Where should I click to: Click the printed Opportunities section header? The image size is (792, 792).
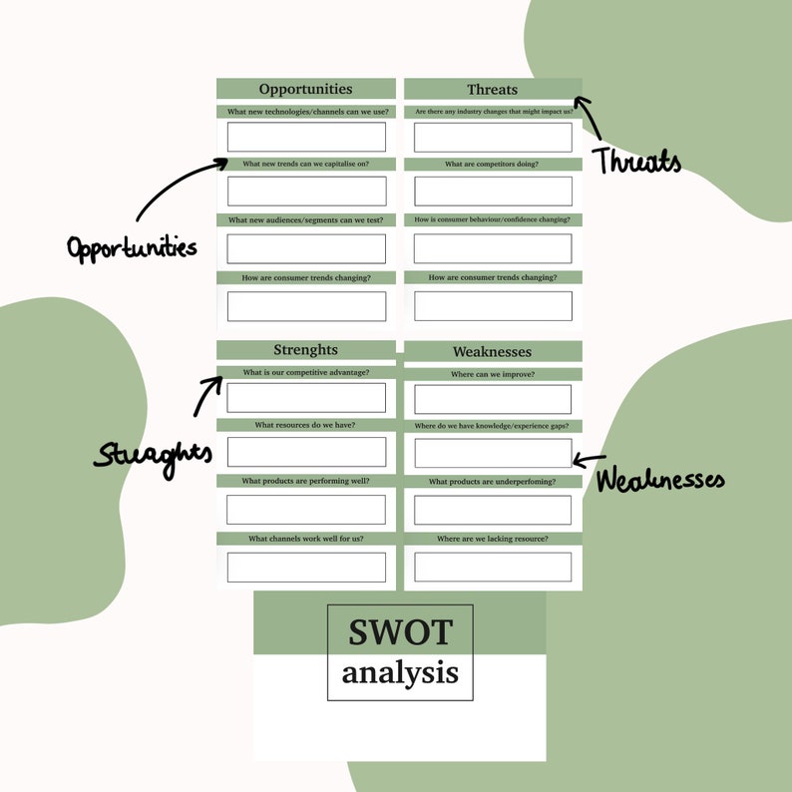pos(305,89)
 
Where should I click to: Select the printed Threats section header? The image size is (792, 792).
pos(493,90)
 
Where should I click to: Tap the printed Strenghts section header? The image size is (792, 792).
pos(305,350)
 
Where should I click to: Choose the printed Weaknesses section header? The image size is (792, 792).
pos(493,352)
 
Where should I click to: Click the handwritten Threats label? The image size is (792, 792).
pos(638,161)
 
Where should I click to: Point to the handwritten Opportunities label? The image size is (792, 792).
pos(132,246)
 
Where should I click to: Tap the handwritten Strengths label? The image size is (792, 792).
pos(154,455)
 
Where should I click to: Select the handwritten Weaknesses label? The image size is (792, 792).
pos(660,480)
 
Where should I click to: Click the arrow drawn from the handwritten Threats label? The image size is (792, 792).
pos(590,117)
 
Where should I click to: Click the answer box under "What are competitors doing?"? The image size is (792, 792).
pos(493,191)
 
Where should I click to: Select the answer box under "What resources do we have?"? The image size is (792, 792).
pos(305,452)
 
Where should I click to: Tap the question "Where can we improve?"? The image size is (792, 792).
pos(493,374)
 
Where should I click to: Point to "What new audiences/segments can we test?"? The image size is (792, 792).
pos(305,219)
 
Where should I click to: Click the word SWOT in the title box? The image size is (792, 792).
pos(400,631)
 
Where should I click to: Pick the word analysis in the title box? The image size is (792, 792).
pos(400,672)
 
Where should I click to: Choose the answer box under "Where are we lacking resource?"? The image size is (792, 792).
pos(493,566)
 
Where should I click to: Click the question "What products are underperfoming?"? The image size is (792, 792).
pos(493,482)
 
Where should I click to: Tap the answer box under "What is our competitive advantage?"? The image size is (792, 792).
pos(305,397)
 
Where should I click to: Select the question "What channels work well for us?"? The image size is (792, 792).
pos(305,539)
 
